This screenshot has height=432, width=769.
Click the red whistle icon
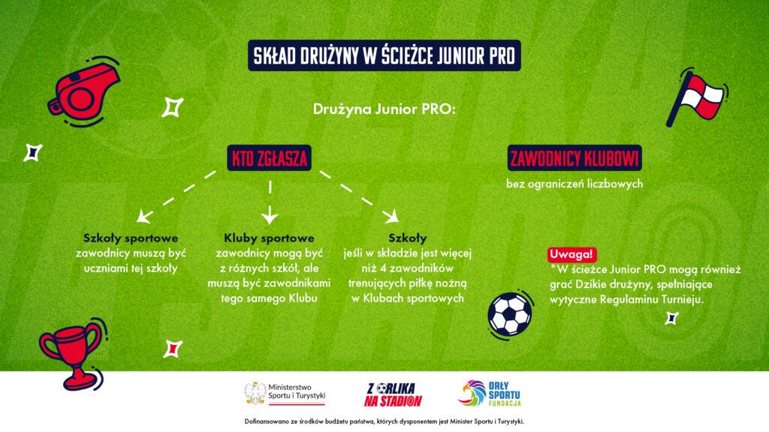coord(83,92)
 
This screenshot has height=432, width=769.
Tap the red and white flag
coord(696,97)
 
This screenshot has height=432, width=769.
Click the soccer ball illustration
coord(511,314)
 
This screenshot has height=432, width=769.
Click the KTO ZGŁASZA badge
coord(270,157)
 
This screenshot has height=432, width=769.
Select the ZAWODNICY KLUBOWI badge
coord(574,157)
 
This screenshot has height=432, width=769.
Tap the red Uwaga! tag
coord(571,254)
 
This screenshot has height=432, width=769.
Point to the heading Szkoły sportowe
coord(131,238)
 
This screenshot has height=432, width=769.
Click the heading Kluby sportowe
coord(269,238)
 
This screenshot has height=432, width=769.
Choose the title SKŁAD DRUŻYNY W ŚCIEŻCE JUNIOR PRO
coord(384,55)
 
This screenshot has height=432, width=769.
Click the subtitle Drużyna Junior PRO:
coord(384,109)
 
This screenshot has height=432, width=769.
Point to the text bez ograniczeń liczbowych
coord(574,184)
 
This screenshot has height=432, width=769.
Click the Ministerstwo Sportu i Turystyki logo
coord(285,394)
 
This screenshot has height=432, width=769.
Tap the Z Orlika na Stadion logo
coord(392,394)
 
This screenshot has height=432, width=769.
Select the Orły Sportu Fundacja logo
coord(489,394)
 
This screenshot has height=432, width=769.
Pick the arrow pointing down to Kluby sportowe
coord(270,202)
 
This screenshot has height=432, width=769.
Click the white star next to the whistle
coord(173,107)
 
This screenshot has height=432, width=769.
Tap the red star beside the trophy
coord(172,349)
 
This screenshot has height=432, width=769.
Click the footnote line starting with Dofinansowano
coord(384,421)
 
